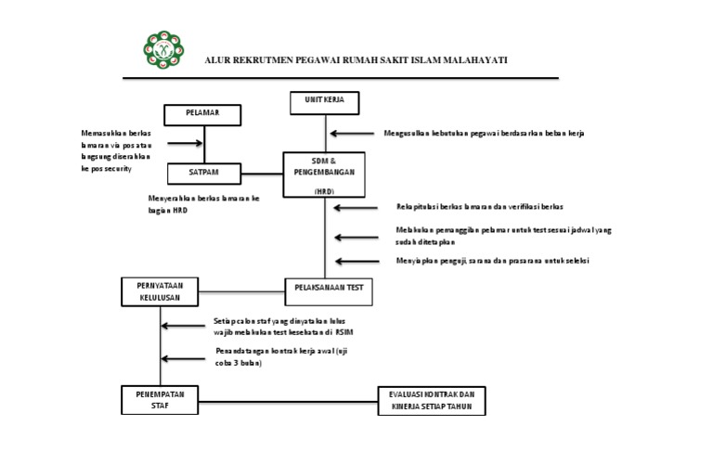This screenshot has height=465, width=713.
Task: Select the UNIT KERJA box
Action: [x=324, y=100]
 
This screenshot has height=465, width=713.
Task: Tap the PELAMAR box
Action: [x=203, y=114]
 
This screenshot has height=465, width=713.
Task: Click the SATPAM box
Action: [x=203, y=173]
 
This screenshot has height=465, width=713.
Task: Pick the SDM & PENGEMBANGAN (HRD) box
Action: [x=324, y=174]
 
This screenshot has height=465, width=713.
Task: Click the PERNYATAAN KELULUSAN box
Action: [x=161, y=291]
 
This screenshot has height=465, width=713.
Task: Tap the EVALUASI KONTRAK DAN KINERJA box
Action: [x=431, y=400]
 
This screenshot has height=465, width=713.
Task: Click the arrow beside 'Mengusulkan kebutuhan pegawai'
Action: [x=352, y=134]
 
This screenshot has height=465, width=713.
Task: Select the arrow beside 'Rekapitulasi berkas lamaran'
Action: [x=352, y=207]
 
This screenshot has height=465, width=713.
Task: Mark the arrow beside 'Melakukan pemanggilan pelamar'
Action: [x=352, y=234]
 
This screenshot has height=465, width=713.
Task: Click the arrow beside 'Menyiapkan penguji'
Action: [x=352, y=261]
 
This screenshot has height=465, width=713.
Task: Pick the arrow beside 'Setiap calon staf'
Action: [x=184, y=326]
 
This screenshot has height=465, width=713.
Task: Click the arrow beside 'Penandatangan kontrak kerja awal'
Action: [x=184, y=357]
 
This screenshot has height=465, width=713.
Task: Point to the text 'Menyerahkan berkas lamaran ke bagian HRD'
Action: [x=203, y=204]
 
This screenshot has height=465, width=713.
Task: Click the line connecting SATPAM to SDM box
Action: [x=262, y=174]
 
